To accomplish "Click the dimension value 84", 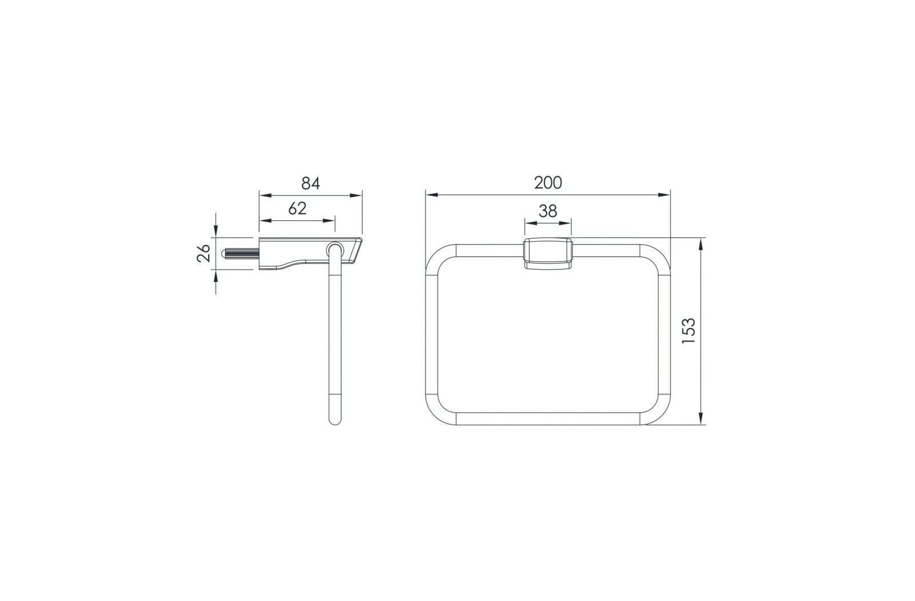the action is click(311, 184).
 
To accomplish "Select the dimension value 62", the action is click(297, 208).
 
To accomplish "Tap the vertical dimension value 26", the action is click(204, 253).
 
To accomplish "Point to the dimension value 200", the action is click(548, 183).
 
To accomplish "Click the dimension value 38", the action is click(548, 211).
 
